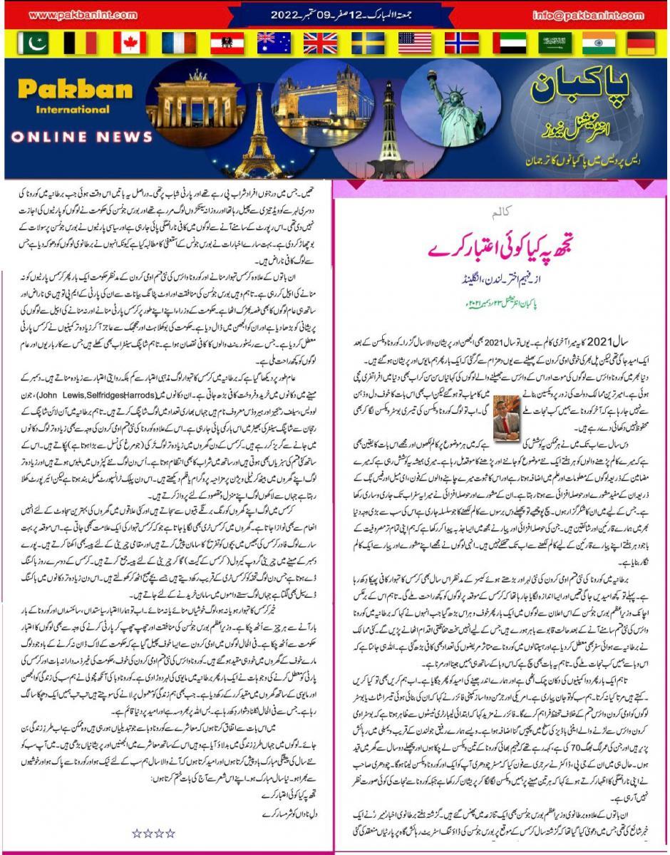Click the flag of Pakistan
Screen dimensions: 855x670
tap(32, 43)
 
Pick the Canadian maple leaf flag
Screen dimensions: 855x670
tap(129, 43)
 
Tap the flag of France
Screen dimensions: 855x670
tap(178, 43)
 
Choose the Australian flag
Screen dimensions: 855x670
tap(274, 43)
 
